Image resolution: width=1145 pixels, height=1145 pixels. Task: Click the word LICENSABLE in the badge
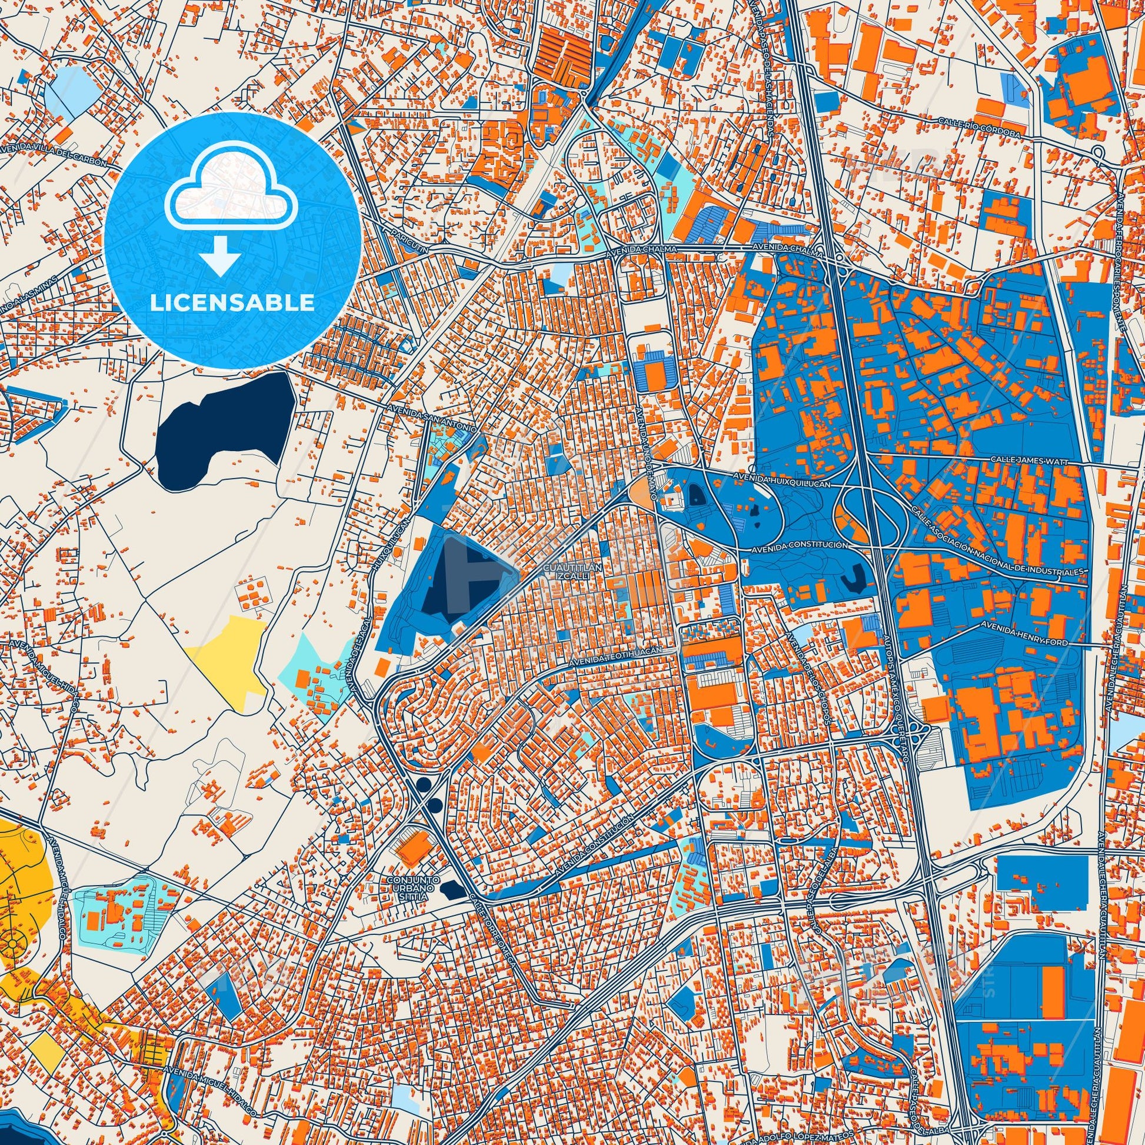point(232,302)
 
